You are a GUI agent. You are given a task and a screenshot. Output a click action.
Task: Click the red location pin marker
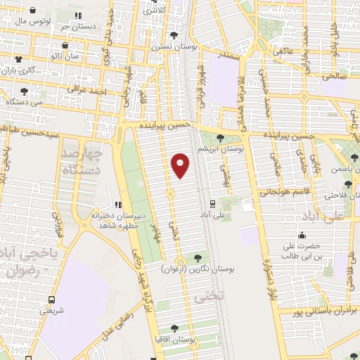point(180,165)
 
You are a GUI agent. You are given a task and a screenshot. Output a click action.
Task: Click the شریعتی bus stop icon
point(49,297)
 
